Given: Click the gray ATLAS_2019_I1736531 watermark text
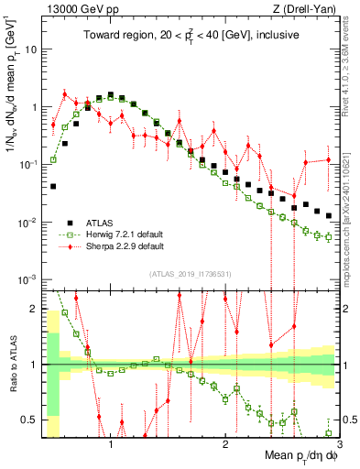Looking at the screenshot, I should (x=190, y=275).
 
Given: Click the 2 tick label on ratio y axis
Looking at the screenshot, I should (x=34, y=308).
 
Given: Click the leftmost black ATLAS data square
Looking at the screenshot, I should (x=53, y=186).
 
